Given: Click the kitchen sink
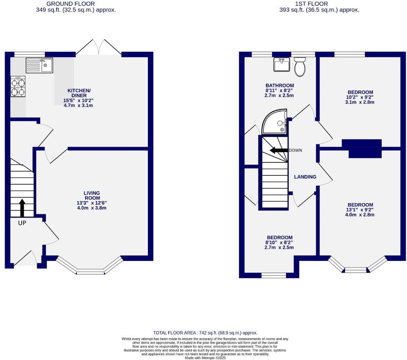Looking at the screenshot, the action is (x=39, y=65).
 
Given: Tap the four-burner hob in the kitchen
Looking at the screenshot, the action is (x=18, y=86).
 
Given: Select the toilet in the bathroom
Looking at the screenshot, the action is (x=300, y=67).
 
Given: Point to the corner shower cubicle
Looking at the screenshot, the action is (x=275, y=121).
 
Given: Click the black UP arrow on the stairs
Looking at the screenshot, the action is (x=22, y=208).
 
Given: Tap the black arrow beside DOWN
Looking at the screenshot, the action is (x=279, y=150).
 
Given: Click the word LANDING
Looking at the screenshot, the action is (x=305, y=177).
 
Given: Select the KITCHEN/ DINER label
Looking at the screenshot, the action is (x=79, y=93).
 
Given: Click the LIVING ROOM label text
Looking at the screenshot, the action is (x=92, y=196).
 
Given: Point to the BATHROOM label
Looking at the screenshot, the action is (x=280, y=85).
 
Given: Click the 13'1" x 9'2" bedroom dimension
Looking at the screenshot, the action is (x=360, y=210).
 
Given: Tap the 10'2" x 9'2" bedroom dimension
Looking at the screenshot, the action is (x=360, y=97).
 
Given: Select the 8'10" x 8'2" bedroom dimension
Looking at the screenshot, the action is (x=279, y=242).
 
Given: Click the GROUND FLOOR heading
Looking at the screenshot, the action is (x=71, y=4).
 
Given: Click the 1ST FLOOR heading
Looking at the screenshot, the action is (x=312, y=4).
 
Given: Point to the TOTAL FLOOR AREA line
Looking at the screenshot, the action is (x=205, y=333).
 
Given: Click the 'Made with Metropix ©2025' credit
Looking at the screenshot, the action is (x=205, y=358).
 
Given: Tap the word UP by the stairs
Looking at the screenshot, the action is (x=22, y=223).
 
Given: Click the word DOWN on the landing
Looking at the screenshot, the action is (x=295, y=150).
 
